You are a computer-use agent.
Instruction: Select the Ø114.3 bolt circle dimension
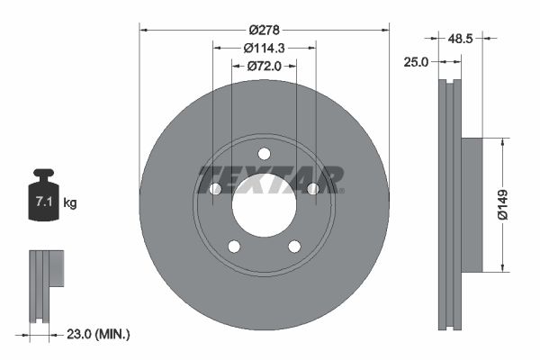265,48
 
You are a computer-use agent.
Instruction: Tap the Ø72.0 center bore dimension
265,66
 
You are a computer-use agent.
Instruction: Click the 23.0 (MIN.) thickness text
100,334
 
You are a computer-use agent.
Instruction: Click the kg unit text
70,203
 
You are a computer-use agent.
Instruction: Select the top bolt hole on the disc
264,153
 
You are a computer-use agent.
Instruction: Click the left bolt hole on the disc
215,188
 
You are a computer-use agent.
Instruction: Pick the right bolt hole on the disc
313,188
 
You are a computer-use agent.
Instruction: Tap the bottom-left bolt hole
234,247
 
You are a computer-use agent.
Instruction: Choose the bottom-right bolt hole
294,247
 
